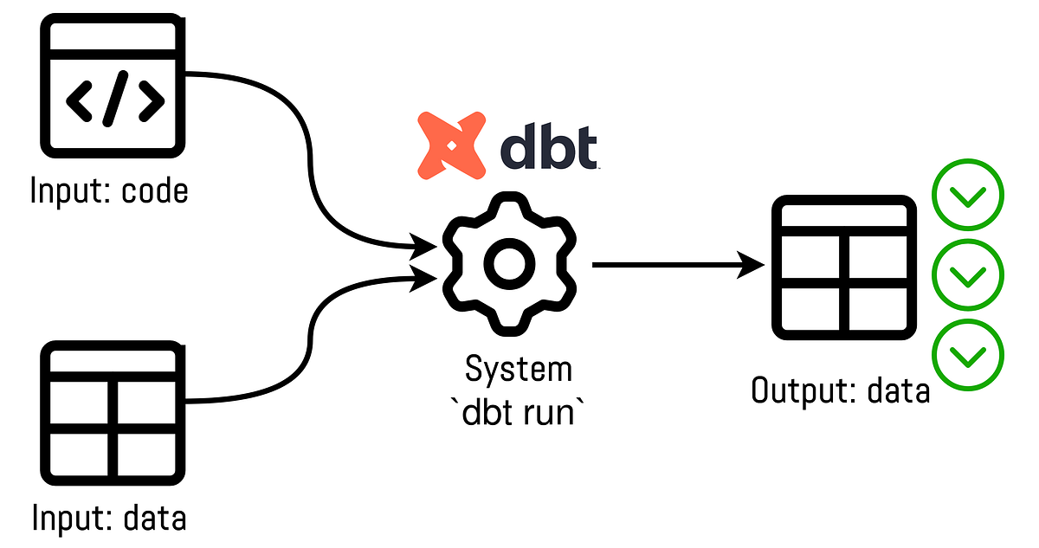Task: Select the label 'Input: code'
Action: [109, 190]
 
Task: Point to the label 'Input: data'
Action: [109, 519]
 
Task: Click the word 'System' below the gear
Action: [519, 370]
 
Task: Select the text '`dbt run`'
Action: [519, 411]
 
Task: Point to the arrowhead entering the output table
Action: [754, 265]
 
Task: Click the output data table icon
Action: [842, 268]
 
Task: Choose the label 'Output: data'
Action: [840, 391]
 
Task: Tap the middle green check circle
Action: [967, 274]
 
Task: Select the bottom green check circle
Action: [967, 354]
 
